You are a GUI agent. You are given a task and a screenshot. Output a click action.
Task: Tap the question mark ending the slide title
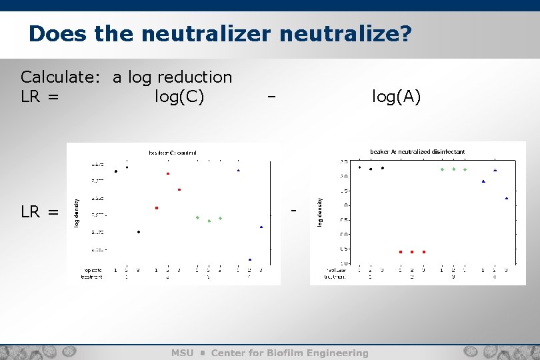[x=404, y=33]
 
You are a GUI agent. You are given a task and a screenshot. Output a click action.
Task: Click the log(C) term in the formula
[x=179, y=97]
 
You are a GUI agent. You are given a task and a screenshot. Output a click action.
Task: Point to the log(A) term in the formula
[x=397, y=97]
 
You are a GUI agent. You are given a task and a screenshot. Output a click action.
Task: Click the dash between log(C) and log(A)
[x=271, y=97]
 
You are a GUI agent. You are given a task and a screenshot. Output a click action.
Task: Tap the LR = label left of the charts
[x=40, y=213]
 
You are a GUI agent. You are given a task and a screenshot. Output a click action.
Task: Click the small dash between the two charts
[x=293, y=211]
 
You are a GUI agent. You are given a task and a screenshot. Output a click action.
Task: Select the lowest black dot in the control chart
[x=139, y=232]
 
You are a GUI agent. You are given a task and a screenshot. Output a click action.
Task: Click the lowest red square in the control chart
[x=157, y=208]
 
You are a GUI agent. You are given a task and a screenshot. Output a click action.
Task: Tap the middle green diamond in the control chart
[x=209, y=220]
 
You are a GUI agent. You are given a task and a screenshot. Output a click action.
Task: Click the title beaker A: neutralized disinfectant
[x=417, y=151]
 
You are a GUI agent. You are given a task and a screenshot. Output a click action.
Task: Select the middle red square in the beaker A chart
[x=412, y=252]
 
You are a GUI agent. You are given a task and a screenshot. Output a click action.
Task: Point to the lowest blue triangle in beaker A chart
[x=507, y=198]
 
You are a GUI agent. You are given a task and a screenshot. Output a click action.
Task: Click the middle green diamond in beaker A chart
[x=454, y=169]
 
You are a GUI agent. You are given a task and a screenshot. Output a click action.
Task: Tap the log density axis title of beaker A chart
[x=320, y=213]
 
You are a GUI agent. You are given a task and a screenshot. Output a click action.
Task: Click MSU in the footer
[x=182, y=353]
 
